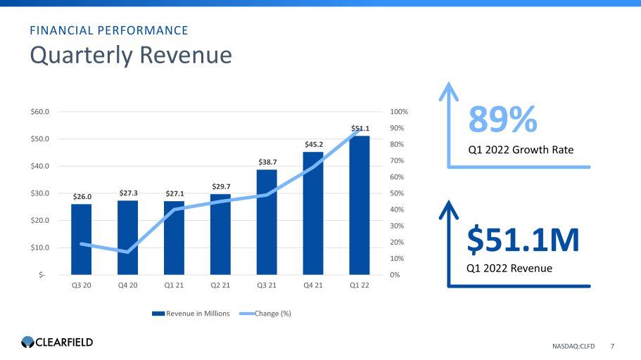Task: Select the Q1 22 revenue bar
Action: click(360, 211)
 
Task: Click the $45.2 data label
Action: click(313, 145)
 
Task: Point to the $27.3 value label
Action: click(127, 193)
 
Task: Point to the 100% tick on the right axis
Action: click(399, 112)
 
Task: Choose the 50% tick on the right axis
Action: click(397, 193)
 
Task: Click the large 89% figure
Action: click(503, 121)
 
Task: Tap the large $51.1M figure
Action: click(523, 240)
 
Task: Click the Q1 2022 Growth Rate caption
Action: click(521, 150)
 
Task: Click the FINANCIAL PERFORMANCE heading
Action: click(108, 30)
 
